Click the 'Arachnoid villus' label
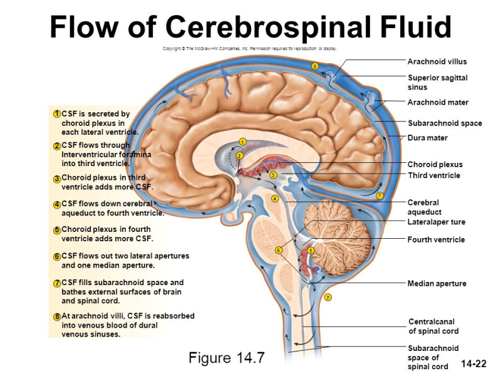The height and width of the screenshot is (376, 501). point(437,61)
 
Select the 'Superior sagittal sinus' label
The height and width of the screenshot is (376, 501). point(438,82)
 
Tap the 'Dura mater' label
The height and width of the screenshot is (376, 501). point(428,138)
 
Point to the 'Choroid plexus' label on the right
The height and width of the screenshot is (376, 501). point(435,165)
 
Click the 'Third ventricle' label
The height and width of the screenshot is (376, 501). point(434,175)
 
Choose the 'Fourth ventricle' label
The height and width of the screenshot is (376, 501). point(436,239)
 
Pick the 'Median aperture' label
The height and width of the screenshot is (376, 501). point(436,283)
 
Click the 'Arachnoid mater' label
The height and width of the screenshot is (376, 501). point(438,102)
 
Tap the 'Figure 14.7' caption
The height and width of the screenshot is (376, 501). point(227,358)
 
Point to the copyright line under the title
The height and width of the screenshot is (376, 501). point(250,49)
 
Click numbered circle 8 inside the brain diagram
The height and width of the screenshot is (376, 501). point(315,66)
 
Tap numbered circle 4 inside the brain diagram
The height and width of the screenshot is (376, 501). point(274,199)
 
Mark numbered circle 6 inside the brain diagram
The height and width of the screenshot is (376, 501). point(279,251)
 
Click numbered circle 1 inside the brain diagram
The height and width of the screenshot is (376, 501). point(242,142)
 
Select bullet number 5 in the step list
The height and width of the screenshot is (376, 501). point(57,230)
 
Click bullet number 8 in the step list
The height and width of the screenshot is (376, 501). point(57,316)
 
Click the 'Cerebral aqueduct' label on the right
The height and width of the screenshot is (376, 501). point(424,207)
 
